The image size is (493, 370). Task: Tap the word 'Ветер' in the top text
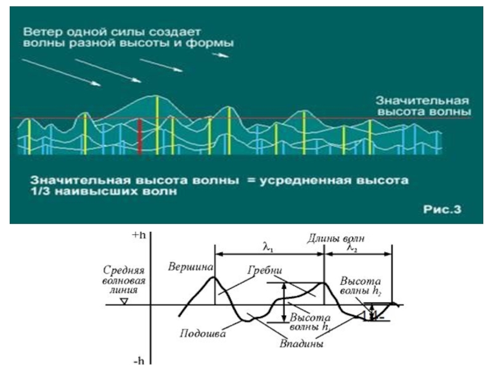pos(39,31)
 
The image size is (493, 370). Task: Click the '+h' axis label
pos(139,234)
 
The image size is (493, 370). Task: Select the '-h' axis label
pos(139,361)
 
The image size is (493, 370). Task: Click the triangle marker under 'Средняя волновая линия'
pos(124,301)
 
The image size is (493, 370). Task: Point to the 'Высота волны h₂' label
pos(361,286)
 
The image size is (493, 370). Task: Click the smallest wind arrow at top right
pos(220,54)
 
